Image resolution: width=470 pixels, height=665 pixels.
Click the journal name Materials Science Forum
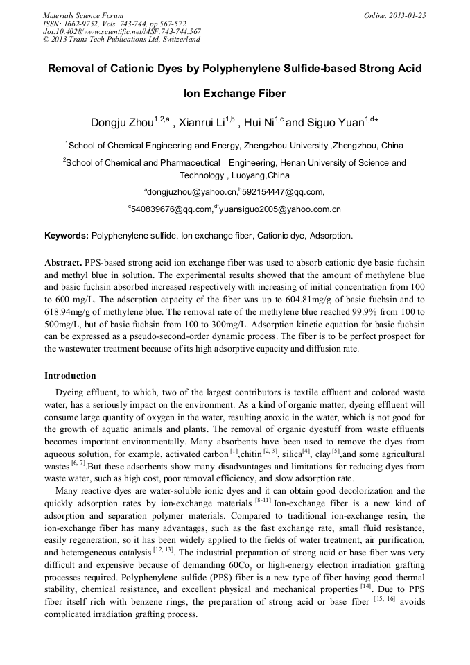83,15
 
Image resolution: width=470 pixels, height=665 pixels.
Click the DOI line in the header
122,31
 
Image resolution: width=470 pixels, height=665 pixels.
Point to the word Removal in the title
71,69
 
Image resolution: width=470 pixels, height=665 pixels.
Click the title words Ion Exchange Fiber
234,94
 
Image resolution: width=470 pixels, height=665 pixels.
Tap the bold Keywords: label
67,236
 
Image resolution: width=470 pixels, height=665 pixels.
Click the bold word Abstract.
62,264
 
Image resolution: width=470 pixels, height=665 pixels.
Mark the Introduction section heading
70,376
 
